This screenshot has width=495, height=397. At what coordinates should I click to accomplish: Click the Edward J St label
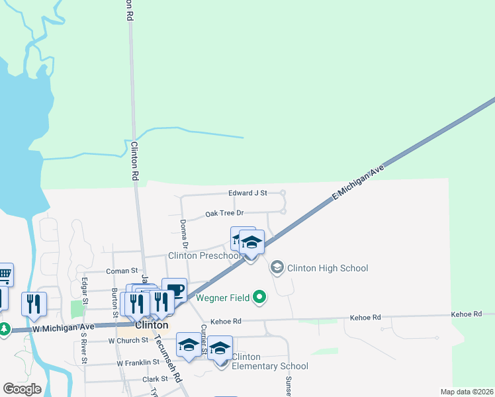click(247, 193)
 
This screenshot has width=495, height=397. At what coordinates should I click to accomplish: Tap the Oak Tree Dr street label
click(224, 213)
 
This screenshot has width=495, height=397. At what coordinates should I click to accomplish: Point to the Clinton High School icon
click(277, 267)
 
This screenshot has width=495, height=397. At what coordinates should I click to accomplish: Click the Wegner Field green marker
click(260, 298)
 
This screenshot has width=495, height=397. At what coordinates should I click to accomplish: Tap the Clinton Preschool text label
click(204, 256)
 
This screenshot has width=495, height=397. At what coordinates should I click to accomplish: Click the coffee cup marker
click(175, 289)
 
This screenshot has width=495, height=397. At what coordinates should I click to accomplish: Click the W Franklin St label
click(138, 363)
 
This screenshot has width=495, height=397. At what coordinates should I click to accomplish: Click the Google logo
click(22, 389)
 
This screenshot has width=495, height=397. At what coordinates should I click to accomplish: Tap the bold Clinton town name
click(151, 326)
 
